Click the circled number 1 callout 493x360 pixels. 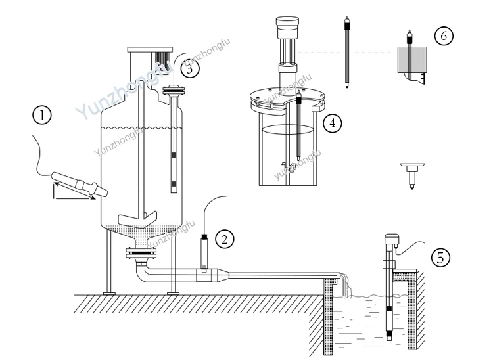click(x=43, y=117)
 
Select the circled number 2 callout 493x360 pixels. click(x=225, y=238)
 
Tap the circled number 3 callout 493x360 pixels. click(x=189, y=68)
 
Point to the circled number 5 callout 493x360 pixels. click(x=442, y=257)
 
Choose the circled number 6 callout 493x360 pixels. click(x=442, y=36)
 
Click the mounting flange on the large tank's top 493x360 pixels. click(x=150, y=50)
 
